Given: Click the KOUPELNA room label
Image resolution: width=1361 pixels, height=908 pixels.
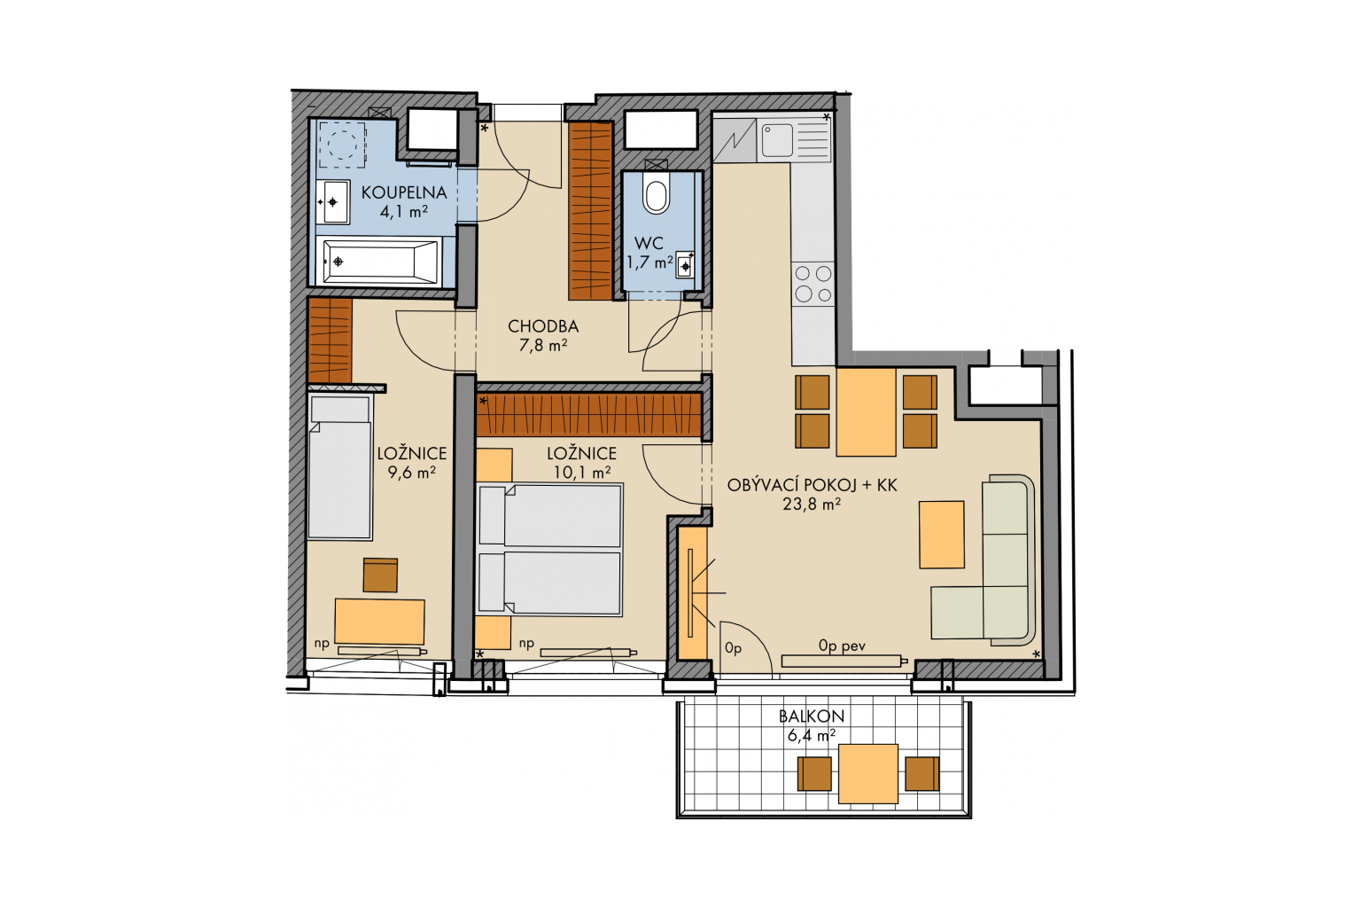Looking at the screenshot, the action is (x=404, y=192).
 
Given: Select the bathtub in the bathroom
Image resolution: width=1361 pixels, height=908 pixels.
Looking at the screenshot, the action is (x=381, y=262).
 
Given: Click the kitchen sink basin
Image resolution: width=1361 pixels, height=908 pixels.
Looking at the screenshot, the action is (x=777, y=140).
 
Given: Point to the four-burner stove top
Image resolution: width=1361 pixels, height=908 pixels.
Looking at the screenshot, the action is (x=813, y=284).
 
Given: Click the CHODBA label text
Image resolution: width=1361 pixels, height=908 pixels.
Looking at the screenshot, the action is (x=543, y=326).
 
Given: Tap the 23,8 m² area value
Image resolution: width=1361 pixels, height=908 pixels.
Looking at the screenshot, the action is (x=812, y=505).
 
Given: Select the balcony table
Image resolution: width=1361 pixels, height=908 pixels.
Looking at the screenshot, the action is (x=867, y=773).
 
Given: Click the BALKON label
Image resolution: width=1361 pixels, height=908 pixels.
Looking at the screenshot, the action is (x=811, y=716).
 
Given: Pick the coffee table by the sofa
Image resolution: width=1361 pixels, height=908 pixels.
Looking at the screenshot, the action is (x=941, y=535).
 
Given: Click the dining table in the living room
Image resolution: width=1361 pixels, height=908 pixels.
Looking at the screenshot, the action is (x=866, y=411).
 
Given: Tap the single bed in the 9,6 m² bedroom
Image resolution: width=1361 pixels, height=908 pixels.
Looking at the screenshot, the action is (x=339, y=467).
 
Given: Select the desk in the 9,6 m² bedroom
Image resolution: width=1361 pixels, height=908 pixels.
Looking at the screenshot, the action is (x=380, y=621).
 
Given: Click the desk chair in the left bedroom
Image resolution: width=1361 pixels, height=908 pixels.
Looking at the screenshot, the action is (x=380, y=575).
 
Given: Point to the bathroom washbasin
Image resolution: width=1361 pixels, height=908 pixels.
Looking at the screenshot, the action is (x=332, y=202).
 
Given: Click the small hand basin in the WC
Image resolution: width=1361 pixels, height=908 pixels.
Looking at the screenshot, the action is (x=685, y=266).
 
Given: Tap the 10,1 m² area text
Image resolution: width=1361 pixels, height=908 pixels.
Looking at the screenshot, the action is (x=582, y=473).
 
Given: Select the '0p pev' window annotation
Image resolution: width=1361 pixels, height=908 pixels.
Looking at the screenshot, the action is (x=842, y=646).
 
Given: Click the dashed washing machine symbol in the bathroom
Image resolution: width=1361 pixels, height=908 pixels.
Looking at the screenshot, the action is (x=342, y=145).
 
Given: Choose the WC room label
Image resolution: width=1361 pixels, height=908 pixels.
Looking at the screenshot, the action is (x=649, y=243).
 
